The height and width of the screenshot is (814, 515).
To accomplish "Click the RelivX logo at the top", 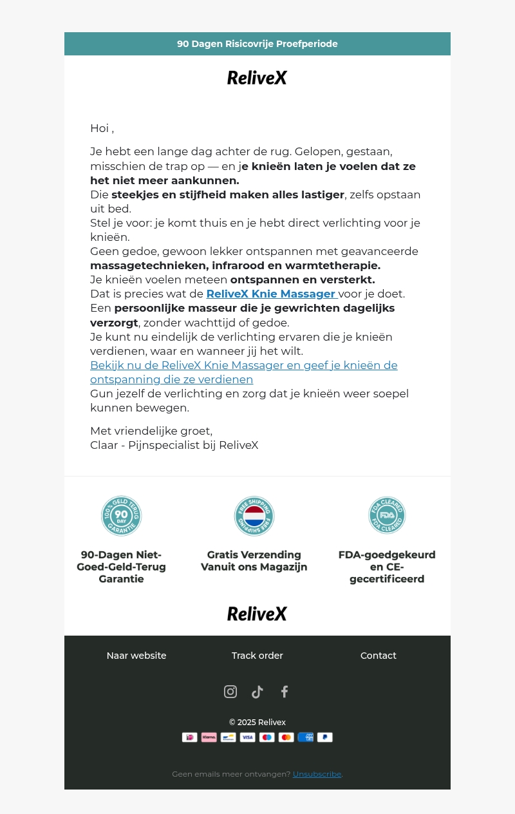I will click(257, 78).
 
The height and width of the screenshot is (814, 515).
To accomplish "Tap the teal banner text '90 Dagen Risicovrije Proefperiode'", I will click(257, 44).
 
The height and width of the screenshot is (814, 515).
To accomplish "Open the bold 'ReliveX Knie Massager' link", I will click(271, 294).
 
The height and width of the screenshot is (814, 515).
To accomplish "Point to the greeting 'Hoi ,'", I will click(102, 128).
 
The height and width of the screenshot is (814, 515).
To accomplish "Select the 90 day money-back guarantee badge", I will click(121, 516).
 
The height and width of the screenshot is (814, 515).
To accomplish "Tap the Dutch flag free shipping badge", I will click(254, 516).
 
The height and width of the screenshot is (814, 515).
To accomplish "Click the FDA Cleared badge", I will click(387, 515).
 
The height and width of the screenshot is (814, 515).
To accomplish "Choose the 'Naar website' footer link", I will click(136, 656).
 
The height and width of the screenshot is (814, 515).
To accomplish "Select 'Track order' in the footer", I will click(257, 656).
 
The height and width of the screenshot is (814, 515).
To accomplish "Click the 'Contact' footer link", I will click(379, 656).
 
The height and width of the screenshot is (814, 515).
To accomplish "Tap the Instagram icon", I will click(230, 692).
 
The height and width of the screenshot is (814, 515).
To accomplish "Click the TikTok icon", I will click(257, 692).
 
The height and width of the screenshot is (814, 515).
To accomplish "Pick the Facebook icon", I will click(285, 692).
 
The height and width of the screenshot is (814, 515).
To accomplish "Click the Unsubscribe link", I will click(317, 774).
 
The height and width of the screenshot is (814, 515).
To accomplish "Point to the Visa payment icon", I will click(248, 737).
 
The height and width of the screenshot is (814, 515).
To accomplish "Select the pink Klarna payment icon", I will click(209, 737).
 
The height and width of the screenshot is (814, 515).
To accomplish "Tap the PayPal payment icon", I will click(325, 737).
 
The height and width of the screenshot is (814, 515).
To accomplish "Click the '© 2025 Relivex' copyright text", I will click(257, 723).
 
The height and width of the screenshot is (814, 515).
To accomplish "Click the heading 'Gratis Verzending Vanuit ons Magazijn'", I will click(254, 561).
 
